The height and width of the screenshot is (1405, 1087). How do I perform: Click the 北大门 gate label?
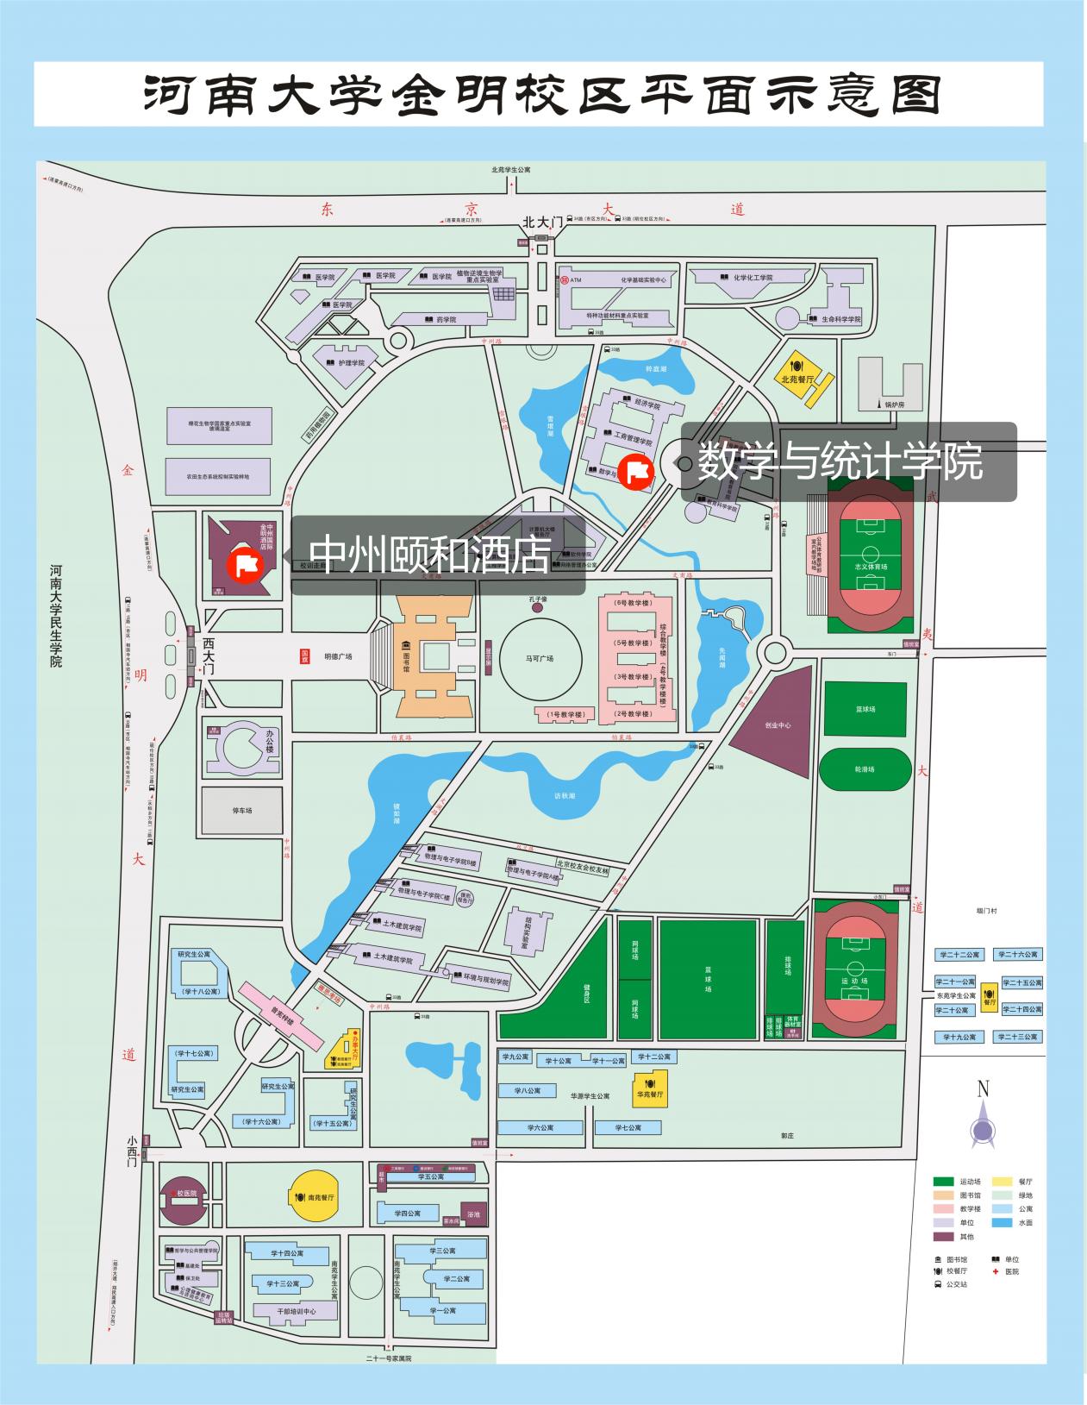coord(541,223)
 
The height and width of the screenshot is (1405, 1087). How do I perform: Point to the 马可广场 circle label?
coord(539,658)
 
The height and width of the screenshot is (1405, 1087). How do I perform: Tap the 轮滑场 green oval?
coord(865,768)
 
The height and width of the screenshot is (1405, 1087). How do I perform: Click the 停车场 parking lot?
coord(241,811)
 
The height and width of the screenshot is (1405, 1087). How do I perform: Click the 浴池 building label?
coord(473,1214)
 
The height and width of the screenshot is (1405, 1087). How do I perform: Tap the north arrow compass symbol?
coord(983,1122)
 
